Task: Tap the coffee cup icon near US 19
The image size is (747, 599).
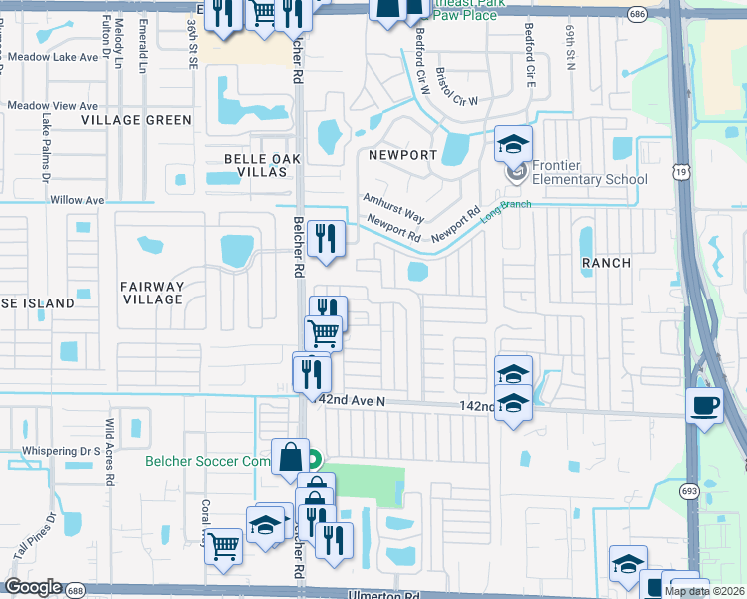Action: click(x=706, y=405)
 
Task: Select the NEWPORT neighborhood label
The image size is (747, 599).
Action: click(x=403, y=155)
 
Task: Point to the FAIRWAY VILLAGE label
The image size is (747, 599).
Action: click(x=152, y=294)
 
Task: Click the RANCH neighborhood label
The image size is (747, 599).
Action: click(x=607, y=263)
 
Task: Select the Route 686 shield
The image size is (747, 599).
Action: click(x=637, y=13)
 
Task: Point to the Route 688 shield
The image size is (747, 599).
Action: click(x=75, y=591)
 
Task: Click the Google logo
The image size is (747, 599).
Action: click(x=33, y=587)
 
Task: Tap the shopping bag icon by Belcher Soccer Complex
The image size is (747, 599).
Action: click(x=290, y=456)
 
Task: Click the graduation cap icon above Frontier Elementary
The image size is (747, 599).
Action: click(x=513, y=144)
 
